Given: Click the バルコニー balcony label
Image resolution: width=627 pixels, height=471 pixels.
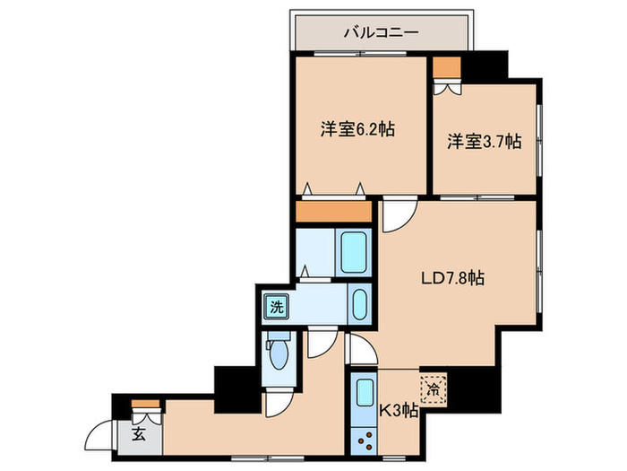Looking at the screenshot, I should tap(382, 33).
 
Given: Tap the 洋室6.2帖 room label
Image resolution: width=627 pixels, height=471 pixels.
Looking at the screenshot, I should tap(358, 129).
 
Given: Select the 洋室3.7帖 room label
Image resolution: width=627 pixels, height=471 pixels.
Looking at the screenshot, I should tap(485, 142).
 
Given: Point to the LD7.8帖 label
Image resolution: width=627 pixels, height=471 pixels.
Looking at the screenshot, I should tap(453, 279).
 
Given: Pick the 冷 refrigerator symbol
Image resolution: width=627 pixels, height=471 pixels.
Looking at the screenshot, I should tap(434, 390).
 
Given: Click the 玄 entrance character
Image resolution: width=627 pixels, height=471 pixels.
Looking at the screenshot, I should tap(139, 435).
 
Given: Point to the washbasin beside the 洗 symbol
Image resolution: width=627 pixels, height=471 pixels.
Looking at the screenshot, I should tap(360, 305).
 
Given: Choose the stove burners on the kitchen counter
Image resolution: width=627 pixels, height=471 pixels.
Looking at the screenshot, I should tap(365, 440).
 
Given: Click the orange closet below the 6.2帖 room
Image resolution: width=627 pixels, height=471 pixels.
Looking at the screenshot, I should tap(333, 213).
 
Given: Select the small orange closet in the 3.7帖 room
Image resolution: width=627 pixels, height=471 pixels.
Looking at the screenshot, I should tap(446, 67).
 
